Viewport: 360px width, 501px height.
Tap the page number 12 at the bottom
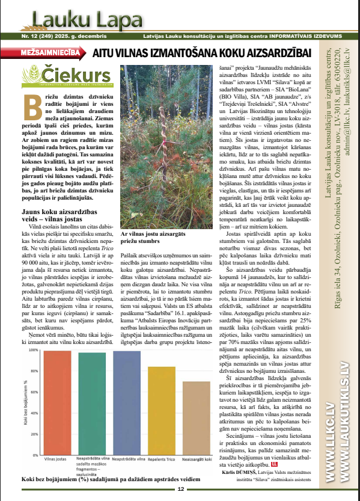180,489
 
